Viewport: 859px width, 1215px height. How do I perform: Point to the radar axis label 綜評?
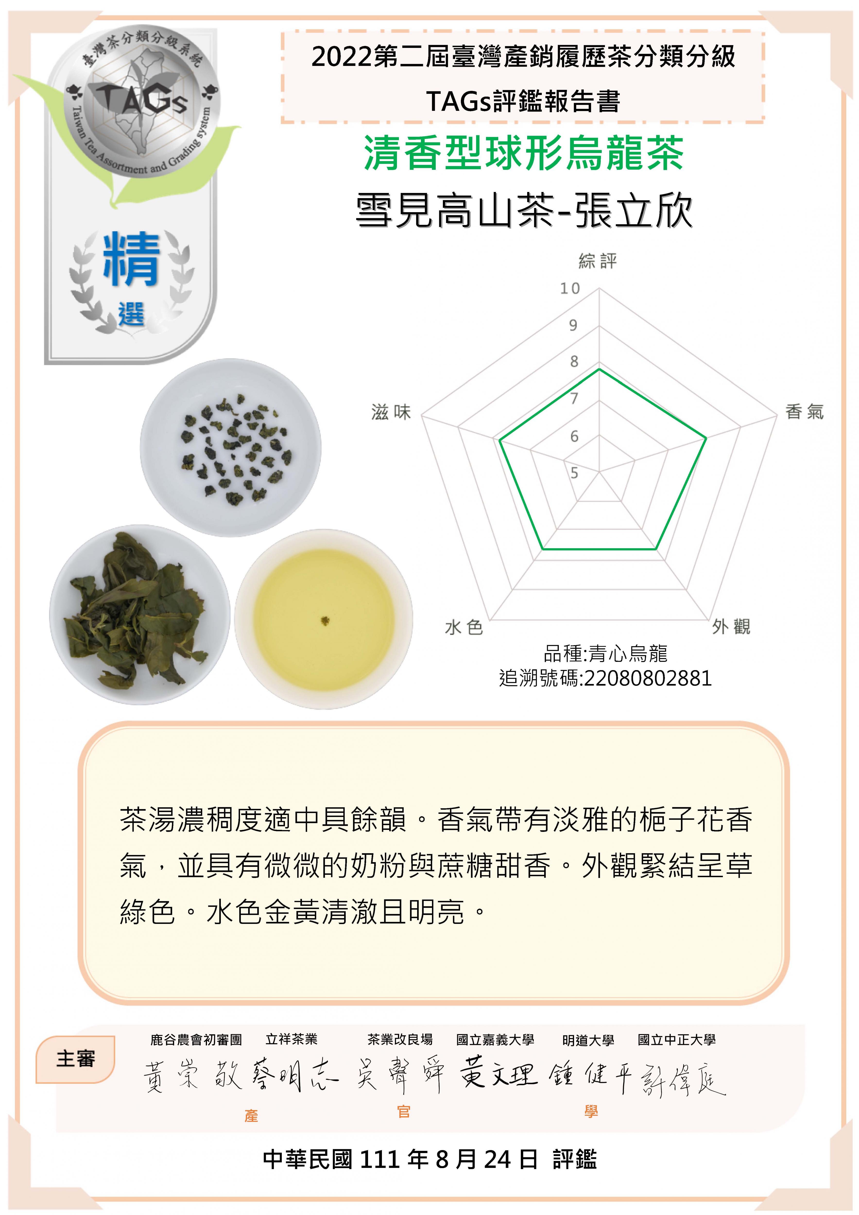pos(598,261)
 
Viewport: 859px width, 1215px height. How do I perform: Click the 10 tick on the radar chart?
pos(570,288)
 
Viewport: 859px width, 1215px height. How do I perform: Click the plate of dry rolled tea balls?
pos(231,448)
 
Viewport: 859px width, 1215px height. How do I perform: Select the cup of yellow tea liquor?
pos(324,619)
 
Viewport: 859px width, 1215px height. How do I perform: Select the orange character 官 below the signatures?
pos(404,1112)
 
